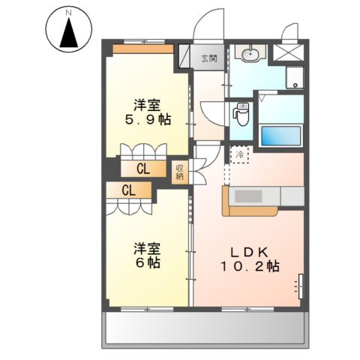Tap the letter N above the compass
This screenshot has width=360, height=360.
point(68,13)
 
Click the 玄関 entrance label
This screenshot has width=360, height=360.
point(209,57)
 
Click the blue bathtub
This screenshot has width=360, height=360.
point(280,136)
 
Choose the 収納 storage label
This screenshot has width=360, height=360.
point(181,172)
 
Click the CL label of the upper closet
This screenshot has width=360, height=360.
point(141,169)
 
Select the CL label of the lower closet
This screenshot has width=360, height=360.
point(128,191)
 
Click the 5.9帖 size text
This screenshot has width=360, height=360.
point(145,120)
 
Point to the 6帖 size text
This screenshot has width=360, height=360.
point(146,262)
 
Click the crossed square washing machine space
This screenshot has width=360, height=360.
point(286,53)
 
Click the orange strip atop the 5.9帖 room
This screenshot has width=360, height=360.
point(143,49)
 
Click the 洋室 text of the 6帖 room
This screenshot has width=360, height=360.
point(146,247)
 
